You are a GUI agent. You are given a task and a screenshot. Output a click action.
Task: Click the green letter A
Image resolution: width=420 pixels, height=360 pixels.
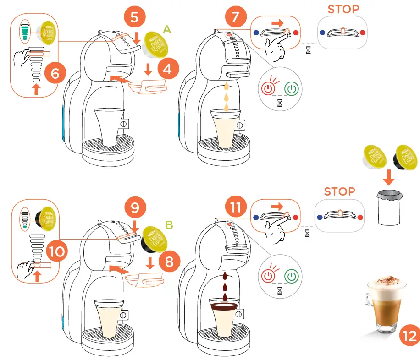[166, 30]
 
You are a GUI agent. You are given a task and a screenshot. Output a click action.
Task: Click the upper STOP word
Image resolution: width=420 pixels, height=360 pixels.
[343, 9]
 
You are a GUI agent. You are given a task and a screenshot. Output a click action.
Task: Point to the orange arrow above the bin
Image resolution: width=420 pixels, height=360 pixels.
[388, 177]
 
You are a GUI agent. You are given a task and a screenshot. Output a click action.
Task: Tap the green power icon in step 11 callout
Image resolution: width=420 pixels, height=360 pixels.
[291, 276]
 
